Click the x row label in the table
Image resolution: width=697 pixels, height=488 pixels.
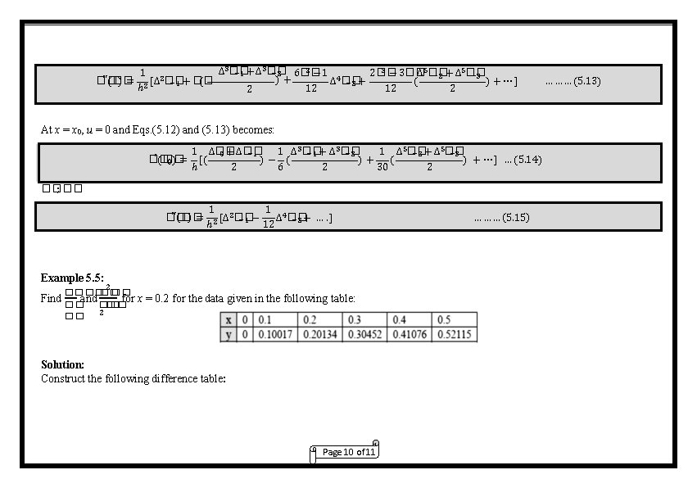[229, 320]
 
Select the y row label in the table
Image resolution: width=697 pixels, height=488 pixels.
[229, 334]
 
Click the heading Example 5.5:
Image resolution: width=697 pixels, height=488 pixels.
[72, 278]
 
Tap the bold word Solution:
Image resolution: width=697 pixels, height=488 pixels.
[62, 364]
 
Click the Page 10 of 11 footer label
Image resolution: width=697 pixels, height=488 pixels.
[349, 452]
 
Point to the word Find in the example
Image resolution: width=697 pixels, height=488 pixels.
[51, 298]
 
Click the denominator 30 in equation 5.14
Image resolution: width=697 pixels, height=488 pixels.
[382, 168]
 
